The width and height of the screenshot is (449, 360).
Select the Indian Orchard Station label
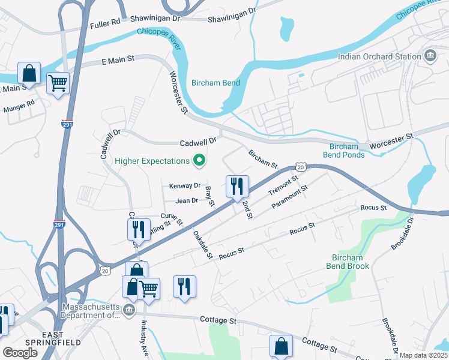point(379,56)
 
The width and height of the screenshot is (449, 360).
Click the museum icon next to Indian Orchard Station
point(430,56)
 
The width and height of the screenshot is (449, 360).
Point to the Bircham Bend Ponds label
point(344,151)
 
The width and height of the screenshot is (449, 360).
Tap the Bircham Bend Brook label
point(347,262)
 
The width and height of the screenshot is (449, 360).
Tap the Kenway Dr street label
point(184,186)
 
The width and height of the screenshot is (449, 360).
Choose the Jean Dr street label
point(187,200)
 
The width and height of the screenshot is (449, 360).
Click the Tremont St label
point(283,186)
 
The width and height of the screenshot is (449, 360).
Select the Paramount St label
point(289,197)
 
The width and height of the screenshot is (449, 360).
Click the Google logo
point(20,353)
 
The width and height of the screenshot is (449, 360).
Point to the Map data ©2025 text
point(424,355)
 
